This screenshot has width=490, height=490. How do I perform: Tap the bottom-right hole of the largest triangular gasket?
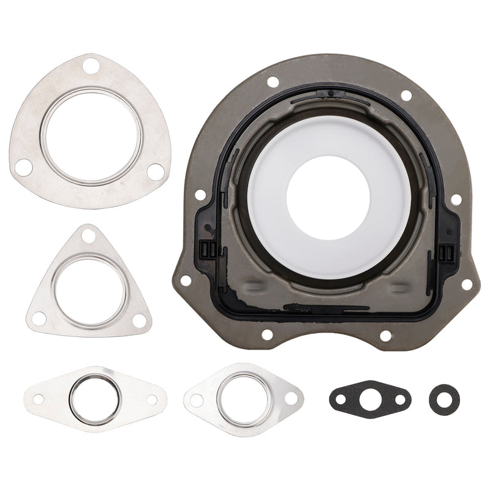[156, 173]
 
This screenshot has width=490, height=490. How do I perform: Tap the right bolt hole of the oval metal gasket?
[151, 399]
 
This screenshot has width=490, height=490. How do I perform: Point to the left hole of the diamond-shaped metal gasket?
[197, 400]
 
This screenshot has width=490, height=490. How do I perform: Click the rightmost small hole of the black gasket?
[399, 399]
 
